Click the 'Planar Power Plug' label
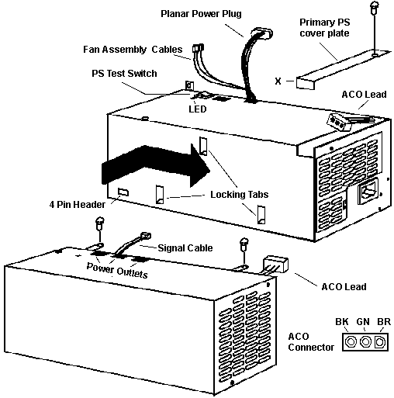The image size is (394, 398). click(201, 14)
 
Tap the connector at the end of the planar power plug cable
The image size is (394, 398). click(261, 33)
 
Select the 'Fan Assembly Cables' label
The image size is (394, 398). click(133, 49)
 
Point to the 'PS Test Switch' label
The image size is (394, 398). click(124, 74)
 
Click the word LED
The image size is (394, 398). click(198, 109)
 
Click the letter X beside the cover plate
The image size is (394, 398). click(278, 81)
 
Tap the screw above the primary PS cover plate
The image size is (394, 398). click(375, 8)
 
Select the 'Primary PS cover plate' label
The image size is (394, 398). click(325, 28)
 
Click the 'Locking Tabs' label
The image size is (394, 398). click(240, 195)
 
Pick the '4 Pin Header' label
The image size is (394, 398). click(78, 205)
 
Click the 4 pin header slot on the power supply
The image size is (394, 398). click(123, 192)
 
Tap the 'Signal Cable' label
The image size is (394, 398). click(185, 248)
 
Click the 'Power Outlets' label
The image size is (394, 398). click(117, 270)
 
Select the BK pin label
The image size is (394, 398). click(342, 322)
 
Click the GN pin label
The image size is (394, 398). click(363, 322)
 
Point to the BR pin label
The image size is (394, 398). click(384, 322)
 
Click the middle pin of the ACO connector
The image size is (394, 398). click(365, 342)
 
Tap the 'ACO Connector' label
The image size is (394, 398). click(311, 342)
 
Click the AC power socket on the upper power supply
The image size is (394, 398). click(368, 192)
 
